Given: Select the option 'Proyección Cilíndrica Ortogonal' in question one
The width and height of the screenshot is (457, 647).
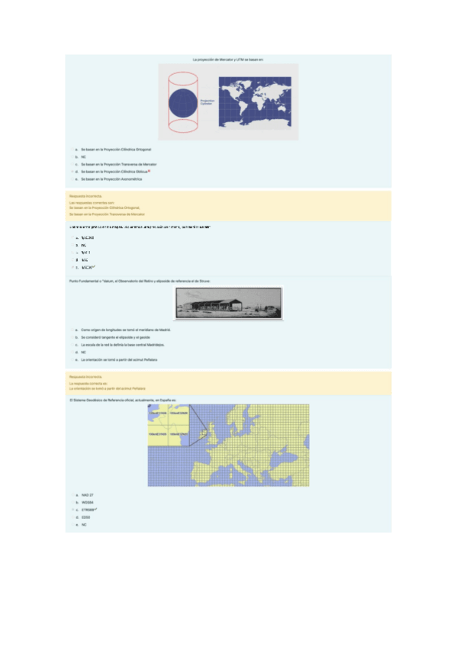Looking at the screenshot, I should click(117, 150).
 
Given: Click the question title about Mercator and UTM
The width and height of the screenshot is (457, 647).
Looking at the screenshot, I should click(228, 59).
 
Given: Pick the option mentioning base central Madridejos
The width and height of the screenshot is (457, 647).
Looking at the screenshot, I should click(127, 345).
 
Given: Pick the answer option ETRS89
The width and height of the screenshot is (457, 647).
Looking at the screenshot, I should click(88, 510).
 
